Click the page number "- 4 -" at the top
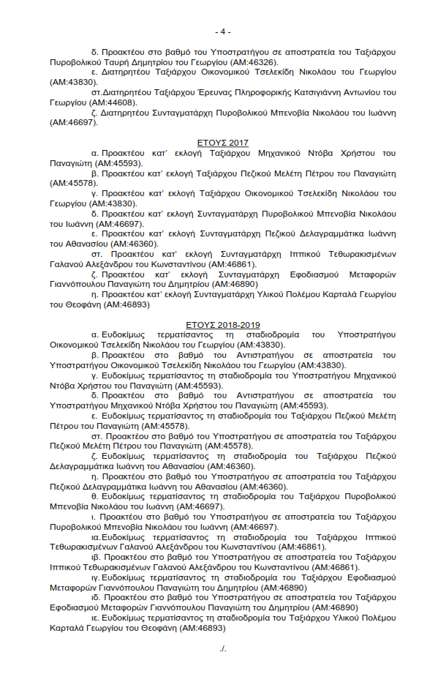tap(223, 31)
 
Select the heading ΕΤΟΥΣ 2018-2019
tap(223, 325)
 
